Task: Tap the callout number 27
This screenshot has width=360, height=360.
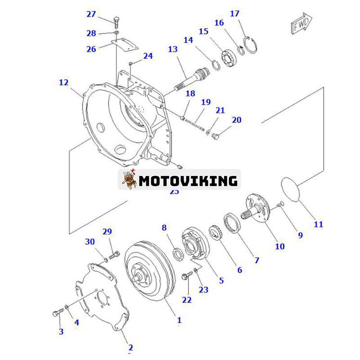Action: tap(91, 14)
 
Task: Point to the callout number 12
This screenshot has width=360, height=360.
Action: tap(63, 82)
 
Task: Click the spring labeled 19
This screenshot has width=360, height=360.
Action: tap(194, 122)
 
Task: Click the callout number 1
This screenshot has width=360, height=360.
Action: tap(179, 320)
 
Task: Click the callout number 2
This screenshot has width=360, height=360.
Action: tap(130, 347)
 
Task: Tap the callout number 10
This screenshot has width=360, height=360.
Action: tap(280, 246)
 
